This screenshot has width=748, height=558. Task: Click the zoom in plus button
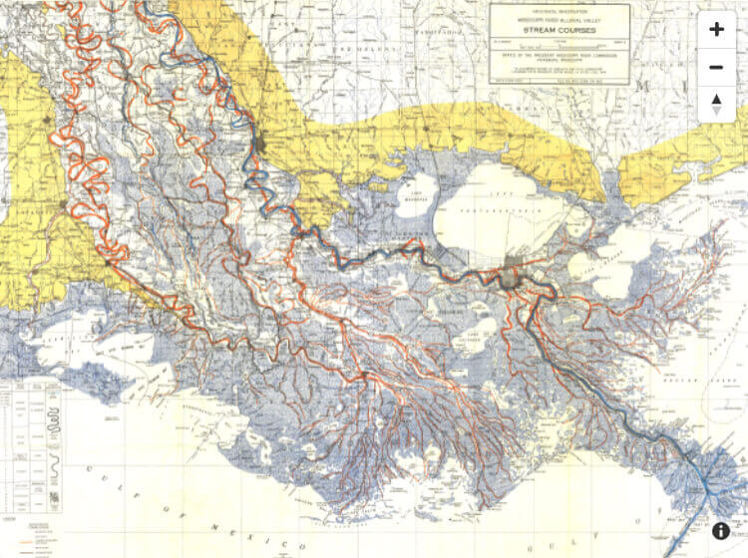click(x=716, y=30)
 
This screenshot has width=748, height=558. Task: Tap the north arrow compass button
click(x=716, y=103)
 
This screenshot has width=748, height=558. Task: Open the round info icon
click(x=721, y=531)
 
